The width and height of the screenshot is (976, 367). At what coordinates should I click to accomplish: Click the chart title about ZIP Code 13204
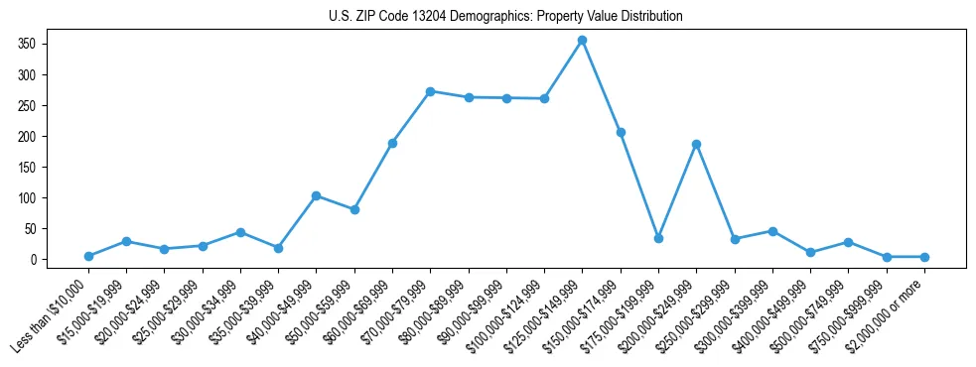pos(505,16)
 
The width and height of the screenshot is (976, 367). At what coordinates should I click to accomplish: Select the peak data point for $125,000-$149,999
pos(582,40)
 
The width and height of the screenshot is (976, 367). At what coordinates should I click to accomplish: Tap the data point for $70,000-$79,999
pos(430,91)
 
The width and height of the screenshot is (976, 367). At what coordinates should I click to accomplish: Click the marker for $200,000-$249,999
pos(696,144)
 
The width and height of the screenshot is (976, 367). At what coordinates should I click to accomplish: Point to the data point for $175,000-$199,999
pos(658,238)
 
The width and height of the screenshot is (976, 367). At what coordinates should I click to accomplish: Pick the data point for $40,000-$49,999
pos(316,195)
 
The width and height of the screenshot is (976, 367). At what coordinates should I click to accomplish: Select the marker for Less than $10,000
pos(88,256)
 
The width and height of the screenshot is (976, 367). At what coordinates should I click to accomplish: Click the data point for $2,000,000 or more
pos(924,257)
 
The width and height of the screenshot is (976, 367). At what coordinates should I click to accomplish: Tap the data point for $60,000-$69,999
pos(392,143)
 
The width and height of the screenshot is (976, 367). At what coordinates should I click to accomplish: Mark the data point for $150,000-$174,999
pos(621,132)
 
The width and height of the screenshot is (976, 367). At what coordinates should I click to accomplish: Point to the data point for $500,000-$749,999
pos(848,242)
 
